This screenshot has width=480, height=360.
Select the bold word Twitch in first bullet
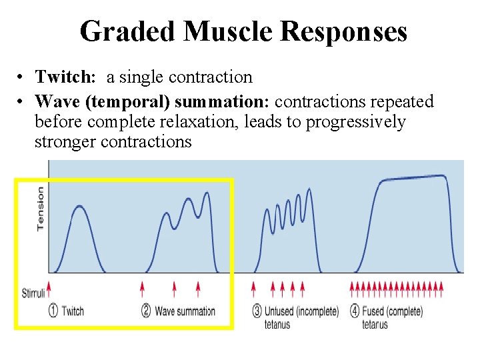point(64,77)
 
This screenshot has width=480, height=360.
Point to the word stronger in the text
point(65,142)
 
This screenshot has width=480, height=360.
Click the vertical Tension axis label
point(41,208)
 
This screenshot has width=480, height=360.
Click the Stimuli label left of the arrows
point(33,293)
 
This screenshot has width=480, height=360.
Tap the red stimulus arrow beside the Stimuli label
point(49,288)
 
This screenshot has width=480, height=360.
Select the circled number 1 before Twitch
point(53,311)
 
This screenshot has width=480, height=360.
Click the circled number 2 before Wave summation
point(147,311)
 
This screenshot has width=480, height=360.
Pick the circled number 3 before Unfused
point(257,311)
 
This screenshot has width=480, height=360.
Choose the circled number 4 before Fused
point(355,311)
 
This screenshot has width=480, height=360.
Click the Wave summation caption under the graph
point(185,311)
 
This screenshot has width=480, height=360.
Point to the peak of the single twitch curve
point(79,206)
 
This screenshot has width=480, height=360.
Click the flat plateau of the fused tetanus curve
point(413,177)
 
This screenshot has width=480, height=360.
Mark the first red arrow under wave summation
point(142,288)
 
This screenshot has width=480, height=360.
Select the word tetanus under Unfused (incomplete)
point(277,325)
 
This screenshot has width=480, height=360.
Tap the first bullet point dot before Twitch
point(22,78)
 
